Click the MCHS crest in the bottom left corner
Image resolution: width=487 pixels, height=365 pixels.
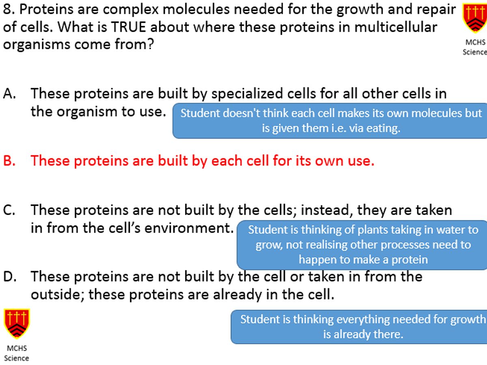pyautogui.click(x=17, y=324)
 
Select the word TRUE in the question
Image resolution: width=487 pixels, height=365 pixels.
pyautogui.click(x=129, y=27)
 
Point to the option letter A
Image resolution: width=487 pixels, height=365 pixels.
pyautogui.click(x=10, y=93)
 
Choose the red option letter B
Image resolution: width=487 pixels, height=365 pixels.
pyautogui.click(x=9, y=161)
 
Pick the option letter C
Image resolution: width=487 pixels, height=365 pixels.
pyautogui.click(x=9, y=210)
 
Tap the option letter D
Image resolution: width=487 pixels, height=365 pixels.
pyautogui.click(x=10, y=276)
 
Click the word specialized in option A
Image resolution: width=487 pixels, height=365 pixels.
pyautogui.click(x=247, y=94)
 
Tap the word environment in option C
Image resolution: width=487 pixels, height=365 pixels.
pyautogui.click(x=189, y=228)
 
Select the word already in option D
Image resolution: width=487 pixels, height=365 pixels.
pyautogui.click(x=237, y=295)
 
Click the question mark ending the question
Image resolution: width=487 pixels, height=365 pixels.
pyautogui.click(x=150, y=44)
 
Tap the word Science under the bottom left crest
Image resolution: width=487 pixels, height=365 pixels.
pyautogui.click(x=17, y=358)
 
